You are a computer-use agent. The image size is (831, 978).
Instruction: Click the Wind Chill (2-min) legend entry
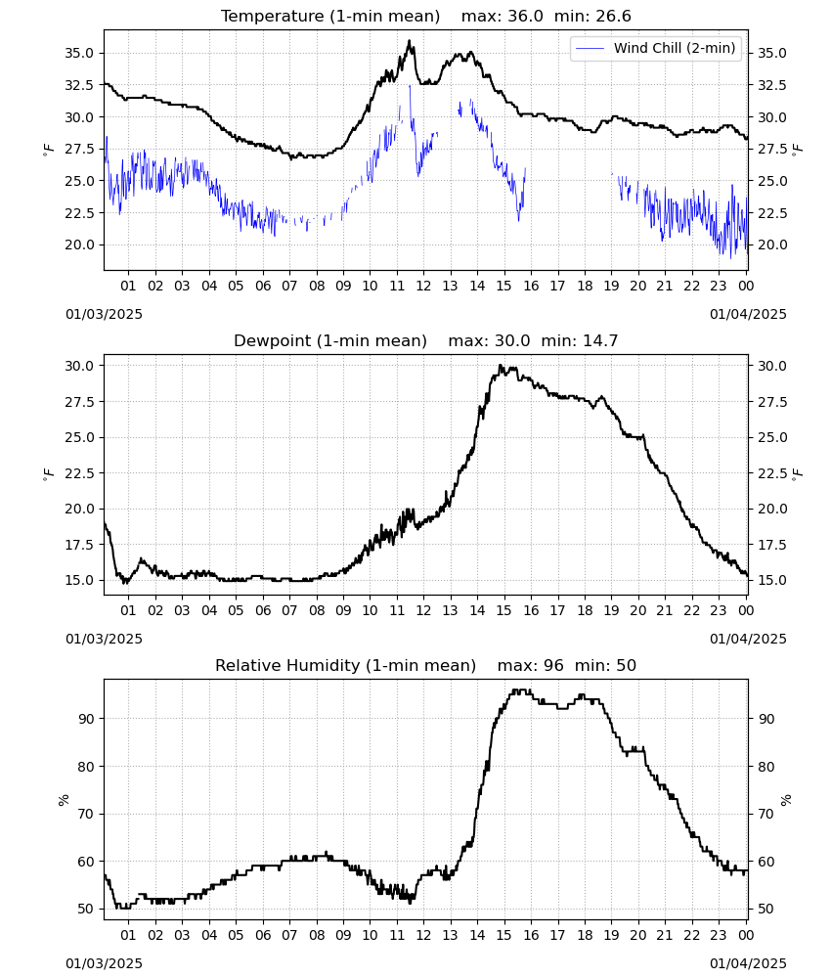656,48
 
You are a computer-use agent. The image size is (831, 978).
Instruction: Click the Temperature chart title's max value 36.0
525,17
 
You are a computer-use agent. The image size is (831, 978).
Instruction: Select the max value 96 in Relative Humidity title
553,665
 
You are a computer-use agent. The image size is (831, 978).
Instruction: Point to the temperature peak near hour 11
409,41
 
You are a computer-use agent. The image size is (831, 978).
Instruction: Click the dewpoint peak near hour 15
500,366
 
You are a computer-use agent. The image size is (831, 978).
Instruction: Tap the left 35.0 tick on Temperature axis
79,54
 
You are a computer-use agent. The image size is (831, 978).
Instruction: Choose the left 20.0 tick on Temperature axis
79,245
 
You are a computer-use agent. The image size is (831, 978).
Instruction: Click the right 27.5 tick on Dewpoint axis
771,402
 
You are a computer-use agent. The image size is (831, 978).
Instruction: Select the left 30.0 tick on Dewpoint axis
79,366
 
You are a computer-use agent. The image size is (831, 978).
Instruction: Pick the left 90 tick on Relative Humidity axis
86,719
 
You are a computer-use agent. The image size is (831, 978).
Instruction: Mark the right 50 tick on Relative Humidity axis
765,910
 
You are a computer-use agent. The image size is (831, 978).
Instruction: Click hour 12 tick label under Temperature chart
423,286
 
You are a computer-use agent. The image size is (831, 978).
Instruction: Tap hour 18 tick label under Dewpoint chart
585,610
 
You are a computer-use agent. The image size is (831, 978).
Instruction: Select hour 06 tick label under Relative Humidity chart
263,935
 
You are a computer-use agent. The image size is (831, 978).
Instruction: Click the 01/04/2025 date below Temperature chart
748,314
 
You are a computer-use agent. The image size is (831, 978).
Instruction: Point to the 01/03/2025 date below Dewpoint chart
104,639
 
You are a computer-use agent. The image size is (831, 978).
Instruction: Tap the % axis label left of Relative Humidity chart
64,800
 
